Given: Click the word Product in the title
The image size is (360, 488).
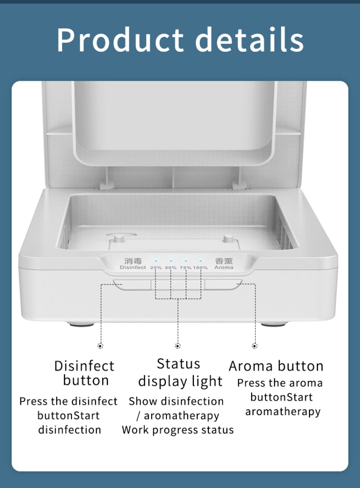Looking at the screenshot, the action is (x=120, y=39).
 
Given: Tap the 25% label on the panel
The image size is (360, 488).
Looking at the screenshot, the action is (x=156, y=268).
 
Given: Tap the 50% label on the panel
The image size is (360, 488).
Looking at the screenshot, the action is (x=171, y=268).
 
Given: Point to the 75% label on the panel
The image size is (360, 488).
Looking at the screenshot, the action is (x=186, y=268).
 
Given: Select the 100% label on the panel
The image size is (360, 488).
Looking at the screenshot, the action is (x=200, y=268).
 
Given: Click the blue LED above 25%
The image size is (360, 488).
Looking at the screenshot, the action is (x=156, y=261).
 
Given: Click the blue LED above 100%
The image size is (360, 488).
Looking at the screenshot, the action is (x=201, y=261).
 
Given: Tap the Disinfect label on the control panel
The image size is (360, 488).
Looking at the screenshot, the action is (x=133, y=267).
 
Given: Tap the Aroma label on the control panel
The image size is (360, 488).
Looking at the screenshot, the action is (x=224, y=267).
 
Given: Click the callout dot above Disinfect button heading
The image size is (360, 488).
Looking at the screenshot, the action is (x=100, y=345).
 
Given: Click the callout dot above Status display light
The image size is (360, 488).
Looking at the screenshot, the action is (x=178, y=345).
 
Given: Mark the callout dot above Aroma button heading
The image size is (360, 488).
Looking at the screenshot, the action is (x=255, y=345).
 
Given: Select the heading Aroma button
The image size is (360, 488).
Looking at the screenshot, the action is (x=276, y=366).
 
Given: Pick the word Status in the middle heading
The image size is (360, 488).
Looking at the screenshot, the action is (x=179, y=364).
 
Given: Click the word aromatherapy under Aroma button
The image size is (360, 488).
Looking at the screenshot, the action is (x=283, y=412).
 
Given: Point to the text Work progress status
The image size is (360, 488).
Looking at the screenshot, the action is (x=178, y=430).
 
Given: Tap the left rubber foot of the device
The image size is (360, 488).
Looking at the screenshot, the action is (x=82, y=324).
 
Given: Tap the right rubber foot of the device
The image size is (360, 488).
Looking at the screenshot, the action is (x=273, y=324).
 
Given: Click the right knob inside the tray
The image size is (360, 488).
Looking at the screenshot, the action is (x=228, y=238).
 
